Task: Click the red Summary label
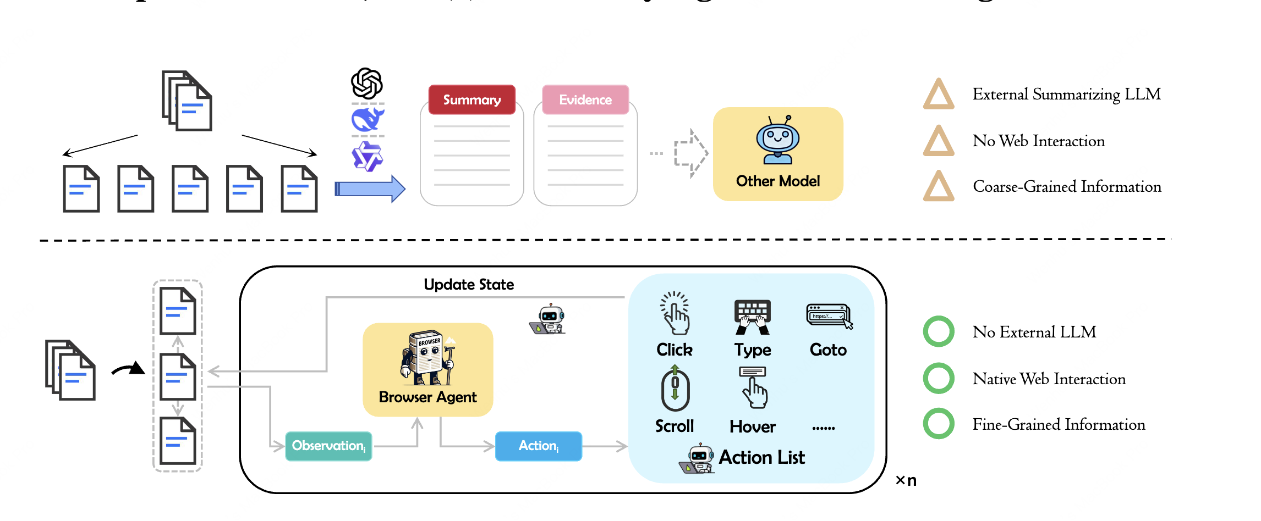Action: [x=471, y=99]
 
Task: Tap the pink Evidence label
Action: [x=585, y=99]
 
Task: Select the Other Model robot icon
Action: [x=777, y=140]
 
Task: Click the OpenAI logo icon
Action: [x=367, y=84]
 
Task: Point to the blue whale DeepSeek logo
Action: [x=368, y=119]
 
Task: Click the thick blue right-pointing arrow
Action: [x=370, y=189]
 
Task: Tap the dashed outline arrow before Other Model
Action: [x=691, y=153]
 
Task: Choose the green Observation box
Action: [x=328, y=446]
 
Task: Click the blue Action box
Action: [x=539, y=446]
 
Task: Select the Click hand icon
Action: [x=675, y=313]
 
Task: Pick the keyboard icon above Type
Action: [x=752, y=317]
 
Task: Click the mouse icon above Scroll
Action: [x=675, y=390]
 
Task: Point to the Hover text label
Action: [x=752, y=426]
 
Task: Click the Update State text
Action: [x=469, y=284]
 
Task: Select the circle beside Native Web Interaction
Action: [x=939, y=378]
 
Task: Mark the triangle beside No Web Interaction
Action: [x=939, y=141]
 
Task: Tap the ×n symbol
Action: [x=906, y=480]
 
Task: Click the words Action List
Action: [x=761, y=457]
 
